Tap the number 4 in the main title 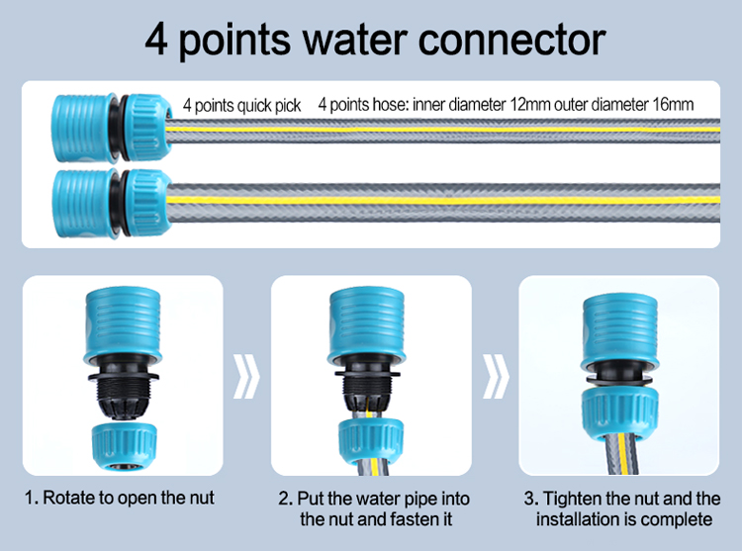[158, 40]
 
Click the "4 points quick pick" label [241, 105]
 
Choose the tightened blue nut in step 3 [617, 410]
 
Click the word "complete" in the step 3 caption [673, 519]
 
